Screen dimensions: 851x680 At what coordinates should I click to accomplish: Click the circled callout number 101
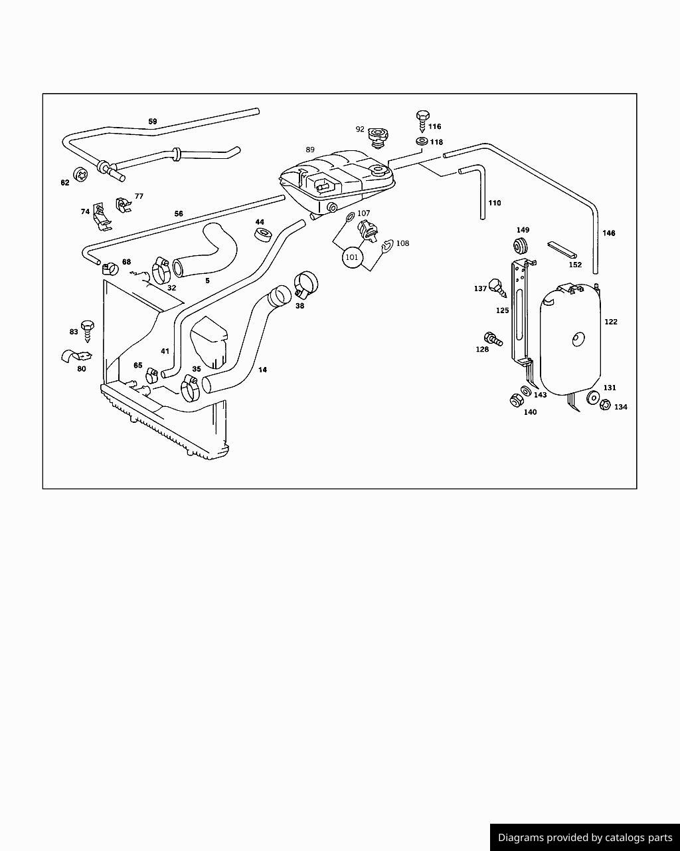tap(352, 257)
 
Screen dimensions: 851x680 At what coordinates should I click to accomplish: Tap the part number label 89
tap(310, 150)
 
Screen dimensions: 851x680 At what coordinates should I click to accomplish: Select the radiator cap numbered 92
tap(379, 136)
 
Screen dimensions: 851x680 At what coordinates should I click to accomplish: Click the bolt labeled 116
tap(422, 120)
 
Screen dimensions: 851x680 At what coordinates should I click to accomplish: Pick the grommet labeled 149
tap(522, 245)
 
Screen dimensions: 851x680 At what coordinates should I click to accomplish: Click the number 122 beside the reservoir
tap(611, 322)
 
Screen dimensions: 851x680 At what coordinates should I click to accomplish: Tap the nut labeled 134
tap(605, 404)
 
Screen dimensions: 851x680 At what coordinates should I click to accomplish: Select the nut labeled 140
tap(515, 400)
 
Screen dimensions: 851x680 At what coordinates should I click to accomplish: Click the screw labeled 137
tap(495, 287)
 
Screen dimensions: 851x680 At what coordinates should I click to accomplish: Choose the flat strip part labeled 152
tap(562, 250)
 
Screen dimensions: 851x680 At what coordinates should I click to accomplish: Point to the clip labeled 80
tap(72, 356)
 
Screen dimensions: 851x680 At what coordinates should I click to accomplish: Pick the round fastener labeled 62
tap(80, 175)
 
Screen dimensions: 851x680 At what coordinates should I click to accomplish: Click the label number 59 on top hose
tap(153, 122)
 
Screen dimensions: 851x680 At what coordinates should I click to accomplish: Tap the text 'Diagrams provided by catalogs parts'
tap(585, 838)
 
